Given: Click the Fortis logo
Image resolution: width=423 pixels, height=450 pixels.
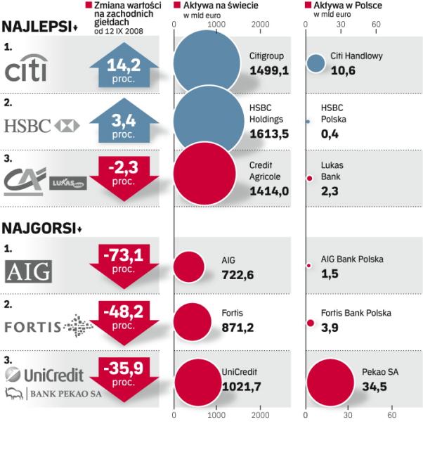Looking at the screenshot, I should pos(48,326).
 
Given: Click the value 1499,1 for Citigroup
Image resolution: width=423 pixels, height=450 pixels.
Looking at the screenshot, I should pos(269,70).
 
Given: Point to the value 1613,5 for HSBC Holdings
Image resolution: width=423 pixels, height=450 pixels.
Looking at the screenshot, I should pos(269,134).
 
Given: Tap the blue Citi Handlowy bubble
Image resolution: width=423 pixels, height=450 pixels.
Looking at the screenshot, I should pos(316,63).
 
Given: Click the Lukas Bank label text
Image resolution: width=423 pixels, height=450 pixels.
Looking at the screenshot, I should pos(332,171).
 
